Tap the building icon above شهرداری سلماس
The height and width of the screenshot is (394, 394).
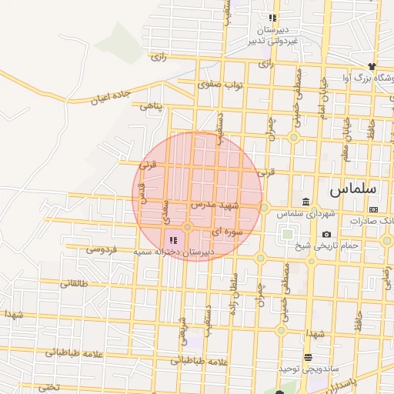(306, 202)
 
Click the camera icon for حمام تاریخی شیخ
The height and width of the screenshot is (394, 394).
(327, 234)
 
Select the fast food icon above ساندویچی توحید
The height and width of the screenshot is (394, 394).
(308, 357)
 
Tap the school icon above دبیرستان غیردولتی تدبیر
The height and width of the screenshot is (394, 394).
(272, 18)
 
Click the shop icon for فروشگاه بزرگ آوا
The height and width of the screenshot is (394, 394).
(372, 66)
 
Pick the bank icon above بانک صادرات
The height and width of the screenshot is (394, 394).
(373, 209)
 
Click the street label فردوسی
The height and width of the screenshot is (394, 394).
(102, 249)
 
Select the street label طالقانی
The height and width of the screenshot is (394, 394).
(75, 283)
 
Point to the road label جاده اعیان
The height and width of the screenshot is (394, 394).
(112, 96)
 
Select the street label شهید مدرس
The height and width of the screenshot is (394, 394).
(215, 206)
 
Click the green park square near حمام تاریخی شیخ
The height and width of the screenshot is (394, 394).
(287, 234)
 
